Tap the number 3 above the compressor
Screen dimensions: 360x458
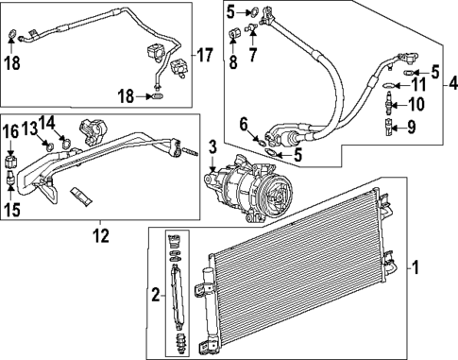pos(213,146)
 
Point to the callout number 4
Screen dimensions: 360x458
pos(451,85)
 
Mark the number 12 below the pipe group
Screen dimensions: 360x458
pos(101,233)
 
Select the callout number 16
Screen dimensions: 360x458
pos(10,130)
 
